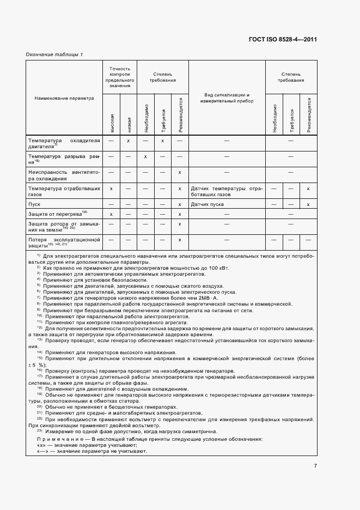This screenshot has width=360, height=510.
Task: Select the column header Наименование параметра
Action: (64, 99)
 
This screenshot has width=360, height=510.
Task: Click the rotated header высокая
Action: (112, 124)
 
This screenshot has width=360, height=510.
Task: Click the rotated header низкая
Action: (129, 124)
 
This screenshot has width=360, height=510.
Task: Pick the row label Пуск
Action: (34, 204)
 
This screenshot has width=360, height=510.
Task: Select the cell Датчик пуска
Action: (208, 204)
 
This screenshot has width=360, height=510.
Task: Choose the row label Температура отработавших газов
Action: (64, 191)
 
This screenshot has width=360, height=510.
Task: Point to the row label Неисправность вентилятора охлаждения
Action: (64, 175)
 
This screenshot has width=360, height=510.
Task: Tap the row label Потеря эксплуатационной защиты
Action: (64, 242)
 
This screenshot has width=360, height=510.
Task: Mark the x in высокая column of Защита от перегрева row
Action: (111, 214)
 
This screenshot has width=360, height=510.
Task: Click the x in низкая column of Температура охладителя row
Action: (129, 141)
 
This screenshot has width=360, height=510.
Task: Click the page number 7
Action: (315, 465)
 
